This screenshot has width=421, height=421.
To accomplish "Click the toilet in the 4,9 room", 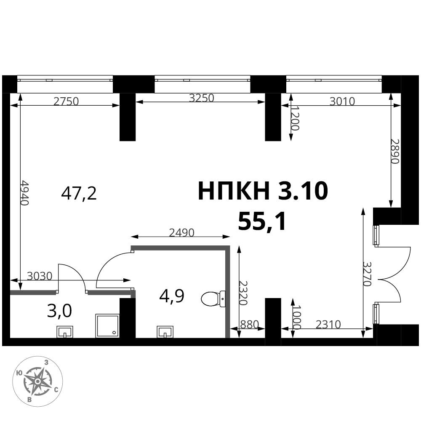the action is (x=213, y=299).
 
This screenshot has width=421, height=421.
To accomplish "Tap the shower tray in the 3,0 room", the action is (x=107, y=326).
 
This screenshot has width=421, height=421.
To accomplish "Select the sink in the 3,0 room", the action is (x=65, y=332).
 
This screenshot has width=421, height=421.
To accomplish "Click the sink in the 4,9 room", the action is (x=165, y=332).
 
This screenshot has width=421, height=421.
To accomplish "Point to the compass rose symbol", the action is (x=38, y=381).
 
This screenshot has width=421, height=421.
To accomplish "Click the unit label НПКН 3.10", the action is (x=263, y=191).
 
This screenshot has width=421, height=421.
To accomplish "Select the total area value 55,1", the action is (x=262, y=221).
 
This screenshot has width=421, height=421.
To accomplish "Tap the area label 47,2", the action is (x=79, y=194).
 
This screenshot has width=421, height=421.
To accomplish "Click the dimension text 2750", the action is (x=66, y=101).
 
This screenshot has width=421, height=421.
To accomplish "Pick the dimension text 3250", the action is (x=201, y=98).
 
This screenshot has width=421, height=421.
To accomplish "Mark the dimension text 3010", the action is (x=342, y=101).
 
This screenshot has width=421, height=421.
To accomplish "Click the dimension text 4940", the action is (x=24, y=192).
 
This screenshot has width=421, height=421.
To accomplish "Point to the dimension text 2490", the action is (x=181, y=233).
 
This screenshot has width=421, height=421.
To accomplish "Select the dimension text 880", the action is (x=249, y=325).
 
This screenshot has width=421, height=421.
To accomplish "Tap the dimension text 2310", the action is (x=328, y=325).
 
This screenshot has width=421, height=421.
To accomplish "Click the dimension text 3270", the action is (x=367, y=274).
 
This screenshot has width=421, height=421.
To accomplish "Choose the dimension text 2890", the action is (x=395, y=151).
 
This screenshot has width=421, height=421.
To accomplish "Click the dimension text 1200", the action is (x=295, y=117).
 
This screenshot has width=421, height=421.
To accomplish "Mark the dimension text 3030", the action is (x=40, y=276).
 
